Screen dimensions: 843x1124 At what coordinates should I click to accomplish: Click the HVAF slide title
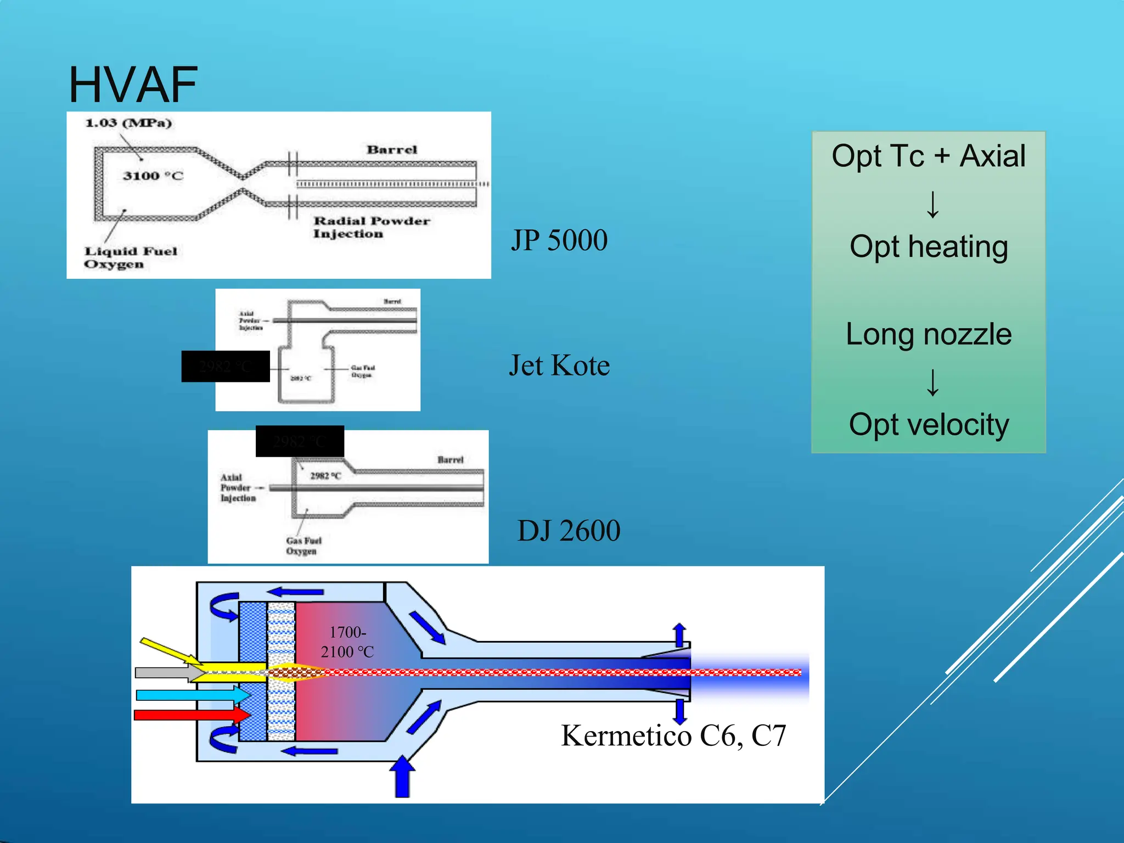(x=133, y=85)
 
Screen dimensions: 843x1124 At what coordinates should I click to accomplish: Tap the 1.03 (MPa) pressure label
(x=128, y=123)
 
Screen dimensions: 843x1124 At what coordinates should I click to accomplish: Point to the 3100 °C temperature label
(x=153, y=176)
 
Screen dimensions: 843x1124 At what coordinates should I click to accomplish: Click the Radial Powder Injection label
(x=372, y=227)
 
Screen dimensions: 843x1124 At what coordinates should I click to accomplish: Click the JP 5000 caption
(x=559, y=240)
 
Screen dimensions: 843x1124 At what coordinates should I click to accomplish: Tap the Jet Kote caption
(x=559, y=366)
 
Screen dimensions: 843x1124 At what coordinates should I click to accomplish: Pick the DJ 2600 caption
(x=569, y=531)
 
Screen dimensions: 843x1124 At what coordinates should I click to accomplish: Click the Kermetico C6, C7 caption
(x=673, y=735)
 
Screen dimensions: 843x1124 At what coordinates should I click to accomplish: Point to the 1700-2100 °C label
(x=347, y=642)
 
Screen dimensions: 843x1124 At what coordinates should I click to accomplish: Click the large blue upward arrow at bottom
(x=402, y=777)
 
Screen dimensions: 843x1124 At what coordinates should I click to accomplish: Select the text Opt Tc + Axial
(x=928, y=156)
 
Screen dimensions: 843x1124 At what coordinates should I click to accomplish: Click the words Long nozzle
(x=928, y=334)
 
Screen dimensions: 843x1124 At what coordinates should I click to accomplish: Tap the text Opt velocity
(x=928, y=424)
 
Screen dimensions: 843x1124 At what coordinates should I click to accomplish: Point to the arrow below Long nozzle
(x=932, y=383)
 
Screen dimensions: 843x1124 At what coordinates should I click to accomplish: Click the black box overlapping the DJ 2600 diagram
(x=300, y=441)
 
